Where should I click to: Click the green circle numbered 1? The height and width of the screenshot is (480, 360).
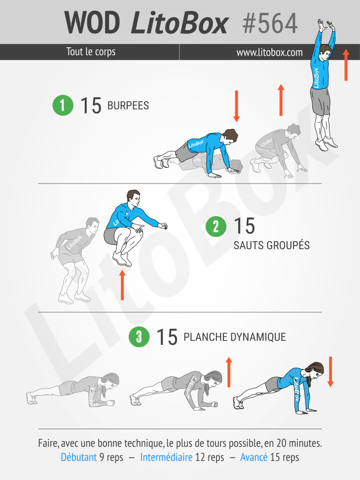pyautogui.click(x=63, y=105)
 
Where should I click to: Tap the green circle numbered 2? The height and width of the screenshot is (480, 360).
pyautogui.click(x=216, y=226)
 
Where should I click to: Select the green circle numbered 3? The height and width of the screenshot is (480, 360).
pyautogui.click(x=139, y=336)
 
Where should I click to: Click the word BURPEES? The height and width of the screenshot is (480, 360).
pyautogui.click(x=128, y=106)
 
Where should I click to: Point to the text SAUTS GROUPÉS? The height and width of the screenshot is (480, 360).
pyautogui.click(x=272, y=246)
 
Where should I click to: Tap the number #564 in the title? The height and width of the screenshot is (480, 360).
pyautogui.click(x=270, y=24)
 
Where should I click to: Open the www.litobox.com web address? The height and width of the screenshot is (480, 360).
pyautogui.click(x=269, y=52)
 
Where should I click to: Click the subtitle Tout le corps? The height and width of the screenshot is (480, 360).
pyautogui.click(x=91, y=52)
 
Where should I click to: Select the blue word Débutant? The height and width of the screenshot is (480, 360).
pyautogui.click(x=79, y=457)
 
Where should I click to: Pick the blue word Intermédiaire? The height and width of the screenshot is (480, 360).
pyautogui.click(x=166, y=457)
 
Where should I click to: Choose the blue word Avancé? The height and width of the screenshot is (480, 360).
pyautogui.click(x=254, y=457)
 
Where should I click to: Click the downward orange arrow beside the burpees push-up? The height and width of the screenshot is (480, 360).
pyautogui.click(x=236, y=106)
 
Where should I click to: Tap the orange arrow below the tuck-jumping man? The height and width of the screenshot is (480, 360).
pyautogui.click(x=122, y=285)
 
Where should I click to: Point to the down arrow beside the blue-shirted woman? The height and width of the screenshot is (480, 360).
pyautogui.click(x=330, y=371)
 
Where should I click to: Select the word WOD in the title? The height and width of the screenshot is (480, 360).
pyautogui.click(x=92, y=23)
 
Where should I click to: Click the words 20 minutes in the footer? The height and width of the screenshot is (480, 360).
pyautogui.click(x=299, y=443)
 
